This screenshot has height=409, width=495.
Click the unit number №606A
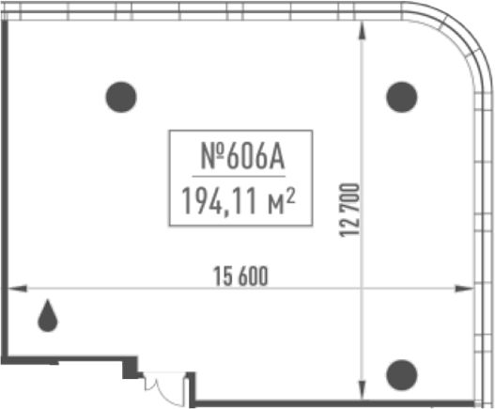click(x=242, y=156)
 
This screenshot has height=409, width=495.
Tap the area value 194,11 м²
click(x=239, y=201)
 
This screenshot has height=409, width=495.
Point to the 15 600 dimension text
click(x=240, y=275)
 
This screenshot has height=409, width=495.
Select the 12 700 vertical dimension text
click(x=349, y=210)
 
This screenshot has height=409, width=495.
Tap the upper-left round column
click(x=121, y=97)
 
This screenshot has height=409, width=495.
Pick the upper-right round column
click(x=402, y=97)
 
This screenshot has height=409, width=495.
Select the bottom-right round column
click(x=402, y=375)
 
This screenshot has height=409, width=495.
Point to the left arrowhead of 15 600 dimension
click(x=17, y=289)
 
